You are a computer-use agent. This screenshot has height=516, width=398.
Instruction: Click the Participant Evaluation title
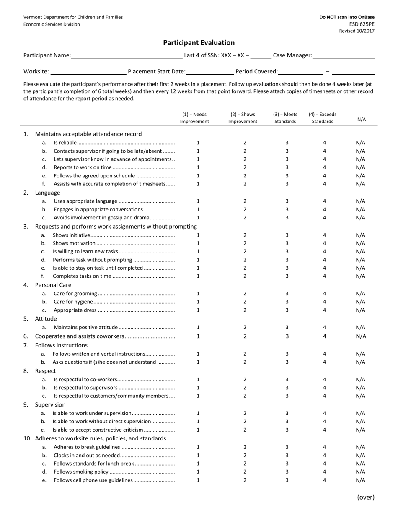pyautogui.click(x=199, y=43)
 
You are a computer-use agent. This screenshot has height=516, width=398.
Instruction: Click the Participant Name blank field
pyautogui.click(x=127, y=55)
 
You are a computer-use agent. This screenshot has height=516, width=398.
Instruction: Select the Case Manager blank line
pyautogui.click(x=343, y=55)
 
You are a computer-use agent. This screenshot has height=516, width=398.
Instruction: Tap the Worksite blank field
pyautogui.click(x=88, y=71)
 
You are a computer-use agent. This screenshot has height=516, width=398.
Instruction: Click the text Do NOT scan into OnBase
pyautogui.click(x=347, y=17)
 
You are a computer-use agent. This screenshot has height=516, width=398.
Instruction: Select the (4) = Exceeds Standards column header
pyautogui.click(x=323, y=118)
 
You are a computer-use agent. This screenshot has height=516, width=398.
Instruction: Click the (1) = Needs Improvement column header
pyautogui.click(x=194, y=118)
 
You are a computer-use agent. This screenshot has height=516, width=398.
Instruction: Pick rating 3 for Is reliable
pyautogui.click(x=287, y=143)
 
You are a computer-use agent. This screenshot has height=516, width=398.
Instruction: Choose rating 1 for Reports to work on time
pyautogui.click(x=198, y=167)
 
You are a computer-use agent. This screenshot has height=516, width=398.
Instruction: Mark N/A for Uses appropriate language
pyautogui.click(x=360, y=201)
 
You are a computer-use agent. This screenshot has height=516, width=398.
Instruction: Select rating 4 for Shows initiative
pyautogui.click(x=325, y=235)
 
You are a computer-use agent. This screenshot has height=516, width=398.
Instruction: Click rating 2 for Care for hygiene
pyautogui.click(x=245, y=302)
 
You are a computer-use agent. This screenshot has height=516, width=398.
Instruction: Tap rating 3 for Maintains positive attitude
pyautogui.click(x=287, y=328)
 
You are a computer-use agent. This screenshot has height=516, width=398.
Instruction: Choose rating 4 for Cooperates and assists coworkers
pyautogui.click(x=325, y=336)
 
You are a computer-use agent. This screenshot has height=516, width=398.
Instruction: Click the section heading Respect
pyautogui.click(x=45, y=371)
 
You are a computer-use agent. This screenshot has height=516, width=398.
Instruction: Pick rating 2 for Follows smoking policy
pyautogui.click(x=245, y=472)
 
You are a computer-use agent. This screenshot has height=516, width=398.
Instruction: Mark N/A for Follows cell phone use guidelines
pyautogui.click(x=360, y=480)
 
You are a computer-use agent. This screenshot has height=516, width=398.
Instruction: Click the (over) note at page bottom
pyautogui.click(x=366, y=497)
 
